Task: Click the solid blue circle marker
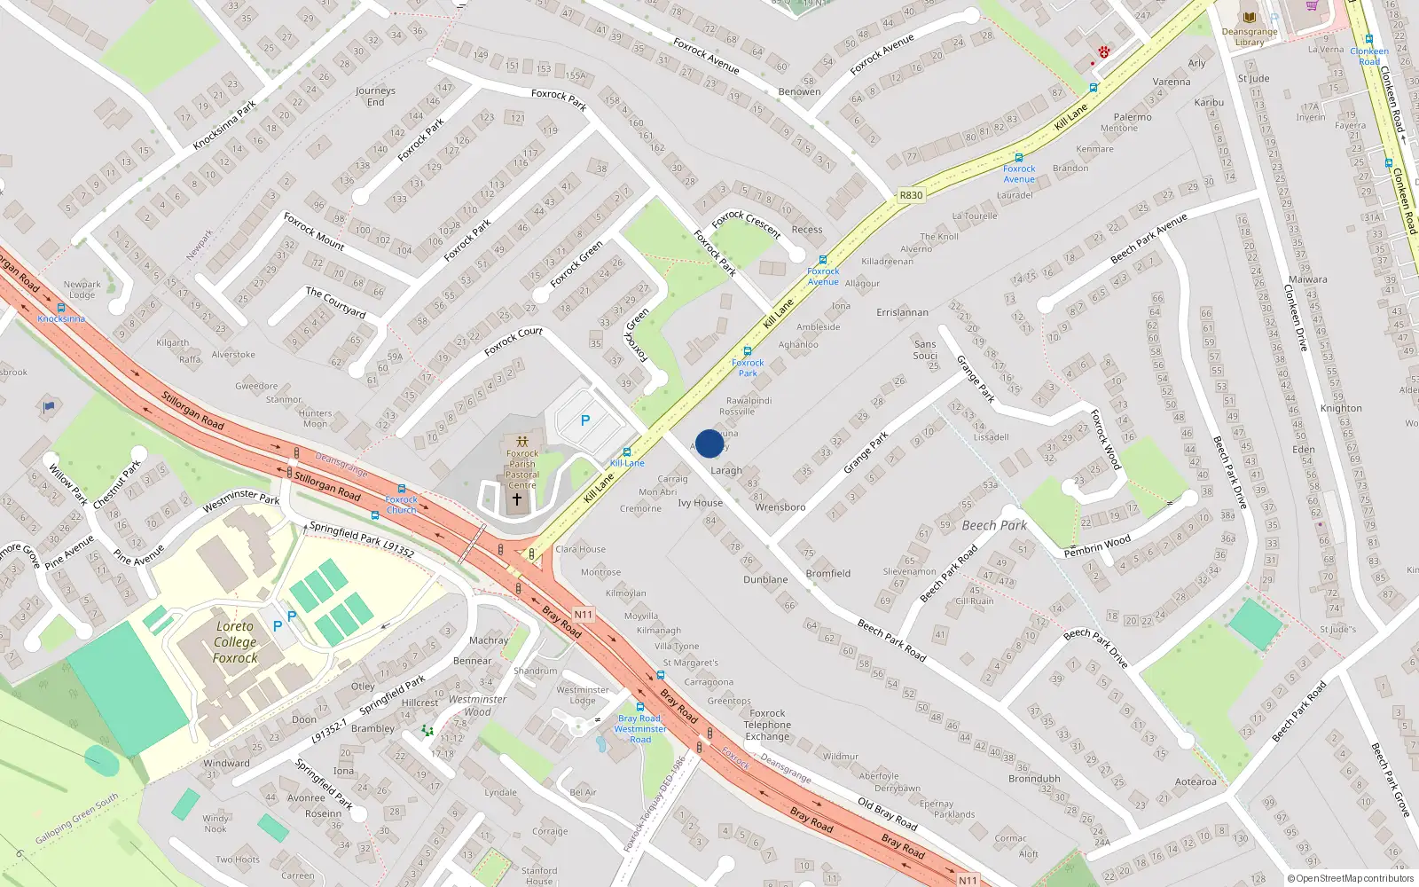709,443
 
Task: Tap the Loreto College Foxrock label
235,641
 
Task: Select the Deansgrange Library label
1250,36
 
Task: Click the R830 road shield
911,195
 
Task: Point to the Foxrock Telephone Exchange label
767,725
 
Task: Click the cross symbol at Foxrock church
517,499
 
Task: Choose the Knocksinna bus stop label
61,318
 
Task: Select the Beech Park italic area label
994,525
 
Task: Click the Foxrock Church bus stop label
401,505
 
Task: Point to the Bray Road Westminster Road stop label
639,728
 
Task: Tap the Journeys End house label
375,96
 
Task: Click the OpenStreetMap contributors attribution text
1351,878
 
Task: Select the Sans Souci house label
925,349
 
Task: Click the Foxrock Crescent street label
747,224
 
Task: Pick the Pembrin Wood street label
1097,546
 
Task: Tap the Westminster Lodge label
583,695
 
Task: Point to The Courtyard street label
335,302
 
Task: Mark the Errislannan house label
902,312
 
